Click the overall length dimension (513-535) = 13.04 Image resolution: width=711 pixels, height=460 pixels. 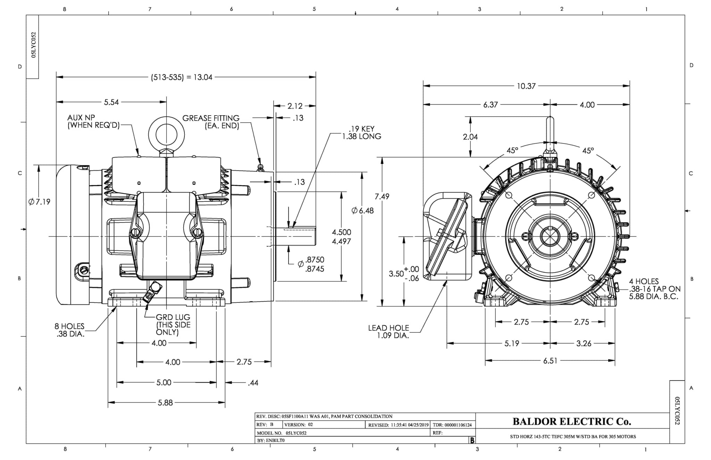(182, 77)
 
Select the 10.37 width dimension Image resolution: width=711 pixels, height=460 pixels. (526, 86)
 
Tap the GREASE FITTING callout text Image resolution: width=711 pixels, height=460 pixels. (211, 122)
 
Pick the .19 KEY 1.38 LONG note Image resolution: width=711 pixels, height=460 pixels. (362, 133)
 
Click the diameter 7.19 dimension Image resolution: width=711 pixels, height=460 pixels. (39, 202)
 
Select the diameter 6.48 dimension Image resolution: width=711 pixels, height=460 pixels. (362, 210)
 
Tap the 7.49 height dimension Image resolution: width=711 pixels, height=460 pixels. (382, 196)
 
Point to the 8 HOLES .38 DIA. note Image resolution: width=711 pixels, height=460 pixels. (70, 330)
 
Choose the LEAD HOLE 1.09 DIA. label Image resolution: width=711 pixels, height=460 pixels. (389, 332)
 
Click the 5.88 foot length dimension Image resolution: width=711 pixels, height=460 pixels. (165, 403)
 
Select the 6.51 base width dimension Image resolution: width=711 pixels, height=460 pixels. (550, 361)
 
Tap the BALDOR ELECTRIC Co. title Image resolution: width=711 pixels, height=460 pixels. (572, 421)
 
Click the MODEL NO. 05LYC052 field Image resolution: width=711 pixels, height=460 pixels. (282, 433)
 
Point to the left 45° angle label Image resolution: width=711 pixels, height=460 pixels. (512, 150)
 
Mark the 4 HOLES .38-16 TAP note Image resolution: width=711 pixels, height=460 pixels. (654, 289)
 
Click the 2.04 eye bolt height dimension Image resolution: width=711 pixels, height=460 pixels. (470, 137)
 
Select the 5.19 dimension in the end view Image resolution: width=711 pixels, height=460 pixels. (512, 343)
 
